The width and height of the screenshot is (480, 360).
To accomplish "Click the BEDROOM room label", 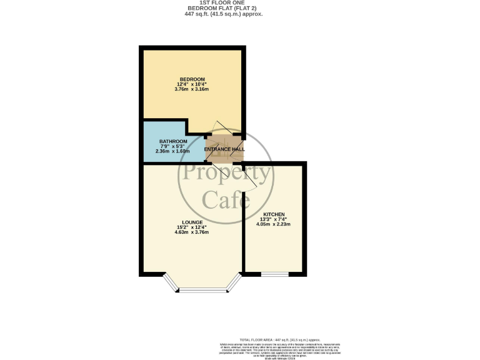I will (192, 79).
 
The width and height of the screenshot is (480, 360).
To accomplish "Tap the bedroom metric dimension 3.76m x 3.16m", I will (192, 89).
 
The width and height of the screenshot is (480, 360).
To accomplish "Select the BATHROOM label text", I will (173, 141).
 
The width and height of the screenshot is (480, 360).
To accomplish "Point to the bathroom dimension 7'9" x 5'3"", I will (173, 146).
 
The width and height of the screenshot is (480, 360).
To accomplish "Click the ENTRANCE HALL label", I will (224, 149).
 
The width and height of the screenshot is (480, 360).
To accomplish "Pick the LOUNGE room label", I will (191, 222).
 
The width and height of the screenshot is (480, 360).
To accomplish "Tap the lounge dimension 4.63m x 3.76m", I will (191, 232).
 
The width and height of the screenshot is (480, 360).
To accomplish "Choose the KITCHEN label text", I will (274, 214).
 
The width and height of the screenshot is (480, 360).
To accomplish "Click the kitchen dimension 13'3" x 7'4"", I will (274, 219).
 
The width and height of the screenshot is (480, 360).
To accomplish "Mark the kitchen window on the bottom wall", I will (274, 274).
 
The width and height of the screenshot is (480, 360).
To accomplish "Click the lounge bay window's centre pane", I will (202, 289).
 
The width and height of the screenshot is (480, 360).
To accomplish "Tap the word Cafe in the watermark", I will (226, 201).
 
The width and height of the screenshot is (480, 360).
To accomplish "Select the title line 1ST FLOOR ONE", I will (241, 3).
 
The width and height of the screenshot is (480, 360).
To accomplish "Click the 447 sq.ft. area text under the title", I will (241, 13).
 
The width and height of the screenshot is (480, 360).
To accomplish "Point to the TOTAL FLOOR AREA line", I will (279, 338).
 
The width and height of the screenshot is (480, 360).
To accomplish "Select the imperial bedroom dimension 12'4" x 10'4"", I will (192, 84).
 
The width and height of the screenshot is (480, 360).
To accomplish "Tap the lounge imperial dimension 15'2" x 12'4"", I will (191, 227).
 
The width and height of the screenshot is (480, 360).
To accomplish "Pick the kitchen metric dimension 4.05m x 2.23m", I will (274, 224).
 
